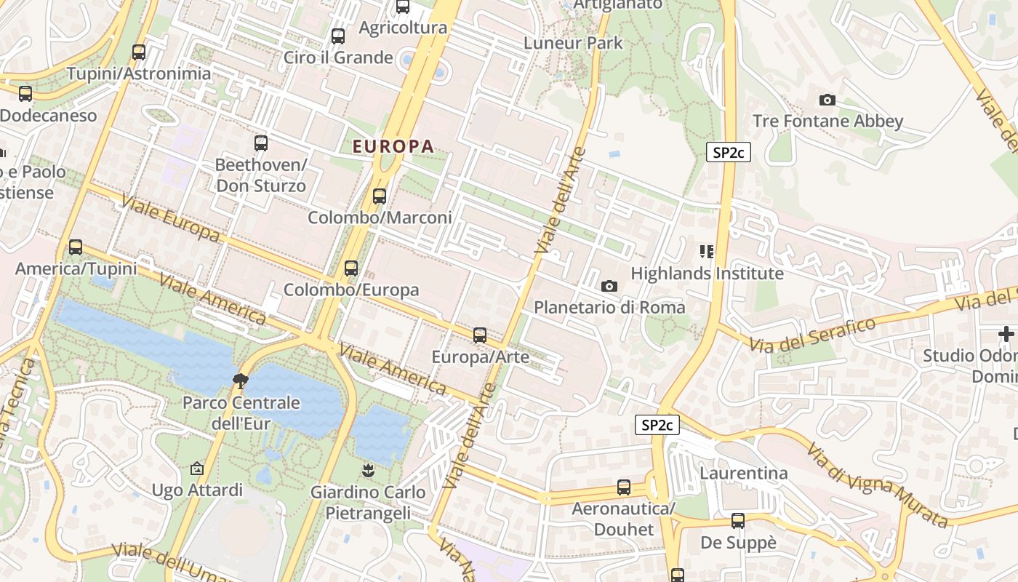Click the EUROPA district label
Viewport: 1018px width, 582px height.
click(393, 146)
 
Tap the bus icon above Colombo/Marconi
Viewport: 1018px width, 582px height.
click(379, 196)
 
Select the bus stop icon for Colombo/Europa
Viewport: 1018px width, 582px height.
click(351, 268)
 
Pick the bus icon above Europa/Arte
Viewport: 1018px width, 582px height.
click(479, 335)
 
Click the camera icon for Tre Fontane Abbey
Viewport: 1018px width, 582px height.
click(827, 100)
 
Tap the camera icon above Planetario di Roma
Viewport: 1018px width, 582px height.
click(609, 287)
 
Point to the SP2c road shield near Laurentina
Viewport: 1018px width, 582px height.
click(657, 426)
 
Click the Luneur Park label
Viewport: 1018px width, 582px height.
click(574, 43)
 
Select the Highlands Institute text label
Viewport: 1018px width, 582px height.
click(707, 274)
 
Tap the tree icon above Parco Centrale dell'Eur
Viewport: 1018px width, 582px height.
click(239, 380)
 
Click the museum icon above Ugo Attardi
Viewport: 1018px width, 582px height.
click(196, 469)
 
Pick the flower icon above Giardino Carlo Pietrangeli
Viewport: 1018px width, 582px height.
click(368, 471)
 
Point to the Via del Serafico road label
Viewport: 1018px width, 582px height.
click(813, 334)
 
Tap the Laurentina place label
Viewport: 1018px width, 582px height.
click(743, 474)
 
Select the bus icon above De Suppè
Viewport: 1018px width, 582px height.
click(738, 521)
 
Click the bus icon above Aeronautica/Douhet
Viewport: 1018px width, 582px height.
click(623, 487)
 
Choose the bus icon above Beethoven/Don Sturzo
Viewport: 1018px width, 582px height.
click(261, 143)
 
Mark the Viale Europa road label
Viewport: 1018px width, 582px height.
click(170, 218)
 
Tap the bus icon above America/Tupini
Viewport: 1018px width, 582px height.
click(76, 247)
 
